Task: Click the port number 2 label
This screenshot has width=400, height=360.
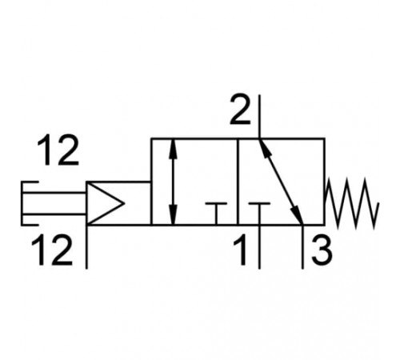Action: [240, 110]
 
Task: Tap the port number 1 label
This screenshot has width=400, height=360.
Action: [241, 250]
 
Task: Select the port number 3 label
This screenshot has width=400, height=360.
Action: [322, 250]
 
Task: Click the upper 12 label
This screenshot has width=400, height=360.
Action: [58, 150]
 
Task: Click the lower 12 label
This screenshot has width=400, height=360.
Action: [52, 250]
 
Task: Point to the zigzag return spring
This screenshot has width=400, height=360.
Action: [352, 203]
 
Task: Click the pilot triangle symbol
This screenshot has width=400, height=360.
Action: [106, 203]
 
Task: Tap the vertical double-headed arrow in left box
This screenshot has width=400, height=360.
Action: [174, 182]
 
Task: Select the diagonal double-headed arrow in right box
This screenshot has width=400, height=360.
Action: [281, 182]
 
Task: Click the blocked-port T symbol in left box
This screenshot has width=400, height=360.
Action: [216, 214]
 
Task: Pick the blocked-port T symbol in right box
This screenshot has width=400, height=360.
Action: [259, 214]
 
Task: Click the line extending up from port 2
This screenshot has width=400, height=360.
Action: [259, 117]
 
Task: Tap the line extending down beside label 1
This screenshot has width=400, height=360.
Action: [259, 247]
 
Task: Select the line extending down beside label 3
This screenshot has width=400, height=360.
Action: [302, 247]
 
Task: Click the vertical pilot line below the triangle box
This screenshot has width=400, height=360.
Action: [86, 247]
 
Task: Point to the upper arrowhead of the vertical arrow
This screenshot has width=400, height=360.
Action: [174, 150]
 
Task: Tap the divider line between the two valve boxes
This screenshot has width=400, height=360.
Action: [238, 182]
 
